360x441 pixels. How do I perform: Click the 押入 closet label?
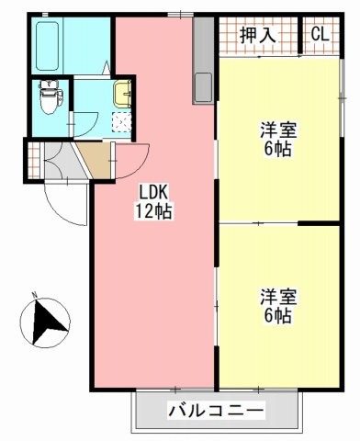pos(258,36)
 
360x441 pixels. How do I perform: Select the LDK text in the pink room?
pos(154,191)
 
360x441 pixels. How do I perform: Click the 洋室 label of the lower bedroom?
pos(276,297)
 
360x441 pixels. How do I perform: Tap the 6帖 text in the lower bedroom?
pos(276,316)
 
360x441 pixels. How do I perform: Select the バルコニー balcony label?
pos(217,411)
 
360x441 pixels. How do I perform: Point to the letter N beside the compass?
pos(34,296)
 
